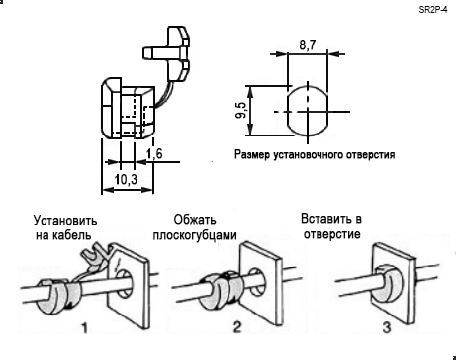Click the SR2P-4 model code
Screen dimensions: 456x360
(433, 10)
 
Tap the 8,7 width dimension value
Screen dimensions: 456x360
(308, 45)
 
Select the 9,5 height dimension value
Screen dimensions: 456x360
(241, 110)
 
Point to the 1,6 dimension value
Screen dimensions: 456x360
(154, 154)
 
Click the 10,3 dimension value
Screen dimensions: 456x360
(126, 180)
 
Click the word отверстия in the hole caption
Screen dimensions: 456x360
(371, 154)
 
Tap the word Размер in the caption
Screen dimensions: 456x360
(252, 154)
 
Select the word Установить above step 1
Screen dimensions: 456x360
(65, 221)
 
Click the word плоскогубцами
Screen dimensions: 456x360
(195, 235)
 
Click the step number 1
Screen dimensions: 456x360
(85, 327)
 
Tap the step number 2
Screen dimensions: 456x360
(237, 327)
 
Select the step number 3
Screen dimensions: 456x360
(387, 327)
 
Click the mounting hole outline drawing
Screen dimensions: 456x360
(308, 112)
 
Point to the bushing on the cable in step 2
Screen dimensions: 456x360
(220, 290)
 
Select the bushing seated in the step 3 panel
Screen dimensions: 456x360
(389, 285)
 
